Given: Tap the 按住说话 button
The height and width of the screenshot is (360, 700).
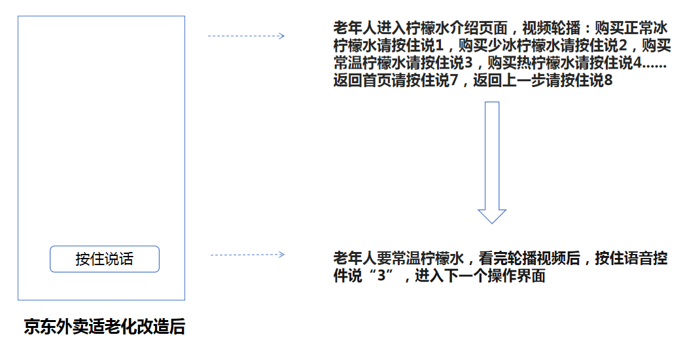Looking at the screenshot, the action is (x=105, y=259).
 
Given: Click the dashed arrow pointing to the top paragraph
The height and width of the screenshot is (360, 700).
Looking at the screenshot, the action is (x=246, y=36).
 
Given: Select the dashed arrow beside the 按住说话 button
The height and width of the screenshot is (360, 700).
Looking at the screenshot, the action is (x=247, y=255).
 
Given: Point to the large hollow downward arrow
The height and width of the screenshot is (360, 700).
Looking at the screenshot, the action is (x=492, y=162).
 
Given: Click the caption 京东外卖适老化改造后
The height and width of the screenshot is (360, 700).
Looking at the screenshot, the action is (x=105, y=327).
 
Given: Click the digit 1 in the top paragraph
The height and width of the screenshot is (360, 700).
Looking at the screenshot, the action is (x=439, y=45).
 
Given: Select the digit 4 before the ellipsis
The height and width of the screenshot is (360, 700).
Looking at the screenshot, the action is (x=637, y=63).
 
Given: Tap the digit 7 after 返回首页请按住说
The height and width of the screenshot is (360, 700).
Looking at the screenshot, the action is (x=454, y=81).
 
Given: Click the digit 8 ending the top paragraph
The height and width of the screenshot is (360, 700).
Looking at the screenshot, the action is (x=608, y=81).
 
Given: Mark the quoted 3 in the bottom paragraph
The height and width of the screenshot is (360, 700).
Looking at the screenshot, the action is (x=381, y=276).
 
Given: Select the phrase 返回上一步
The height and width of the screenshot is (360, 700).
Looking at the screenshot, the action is (x=510, y=81).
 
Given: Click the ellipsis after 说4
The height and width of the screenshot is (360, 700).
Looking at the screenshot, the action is (x=654, y=67).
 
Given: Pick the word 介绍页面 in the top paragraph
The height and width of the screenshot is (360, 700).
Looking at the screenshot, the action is (x=479, y=27).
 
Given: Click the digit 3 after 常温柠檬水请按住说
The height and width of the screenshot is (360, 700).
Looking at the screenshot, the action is (x=468, y=63).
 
